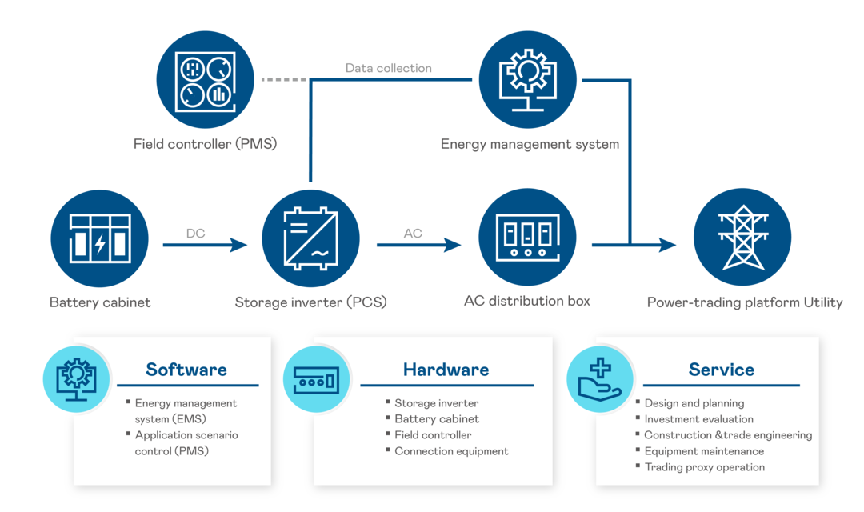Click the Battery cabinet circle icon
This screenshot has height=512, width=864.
[100, 238]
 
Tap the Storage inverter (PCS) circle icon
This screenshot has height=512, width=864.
[311, 238]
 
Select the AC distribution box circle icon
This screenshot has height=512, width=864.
[527, 238]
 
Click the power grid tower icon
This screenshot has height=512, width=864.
[742, 238]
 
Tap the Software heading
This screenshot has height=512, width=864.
[186, 370]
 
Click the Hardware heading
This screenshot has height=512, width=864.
[446, 370]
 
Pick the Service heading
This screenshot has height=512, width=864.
[721, 370]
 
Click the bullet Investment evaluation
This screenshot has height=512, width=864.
[698, 419]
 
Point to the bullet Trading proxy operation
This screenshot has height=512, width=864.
[704, 467]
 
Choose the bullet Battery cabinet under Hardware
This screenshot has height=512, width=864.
[437, 419]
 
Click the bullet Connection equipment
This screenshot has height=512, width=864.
[451, 451]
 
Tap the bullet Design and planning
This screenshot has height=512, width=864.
[694, 403]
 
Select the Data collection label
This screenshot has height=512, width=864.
[389, 68]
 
